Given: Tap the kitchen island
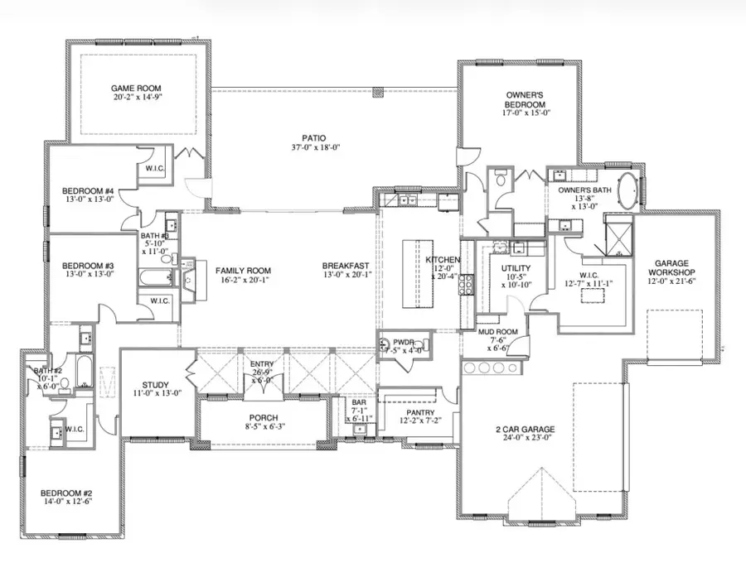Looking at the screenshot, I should [x=418, y=274].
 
